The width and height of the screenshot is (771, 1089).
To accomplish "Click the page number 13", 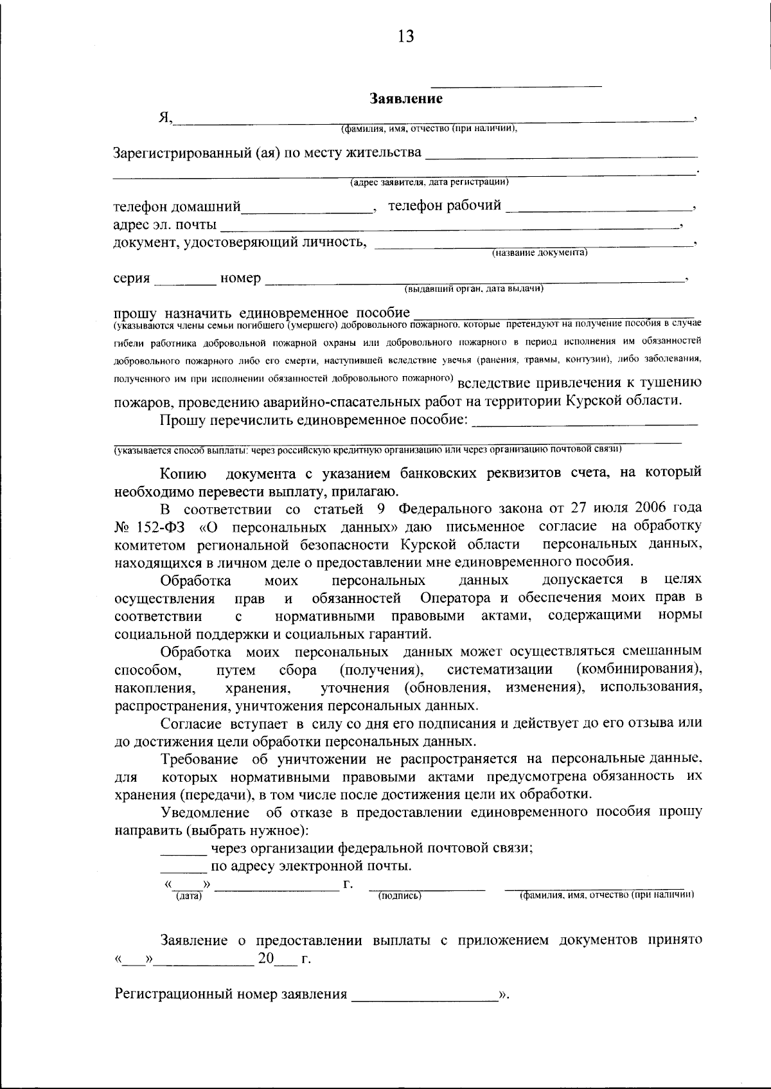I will [406, 36].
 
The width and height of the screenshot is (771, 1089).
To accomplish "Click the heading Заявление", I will [406, 99].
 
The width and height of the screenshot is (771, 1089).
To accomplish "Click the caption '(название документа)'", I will [540, 253].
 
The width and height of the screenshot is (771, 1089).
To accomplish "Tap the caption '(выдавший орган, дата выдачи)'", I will [474, 289].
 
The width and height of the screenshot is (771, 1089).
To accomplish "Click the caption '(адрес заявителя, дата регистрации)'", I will [429, 183].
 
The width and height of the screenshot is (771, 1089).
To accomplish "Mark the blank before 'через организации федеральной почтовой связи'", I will [183, 853].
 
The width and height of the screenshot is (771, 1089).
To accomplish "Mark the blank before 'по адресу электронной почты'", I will [183, 871].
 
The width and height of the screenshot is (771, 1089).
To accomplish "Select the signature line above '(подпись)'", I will [427, 889].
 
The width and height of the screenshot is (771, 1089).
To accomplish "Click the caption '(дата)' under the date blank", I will [189, 896].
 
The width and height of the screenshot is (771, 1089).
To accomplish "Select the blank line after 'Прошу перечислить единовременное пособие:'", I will [585, 424].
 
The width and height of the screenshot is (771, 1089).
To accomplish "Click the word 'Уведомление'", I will [205, 812].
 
